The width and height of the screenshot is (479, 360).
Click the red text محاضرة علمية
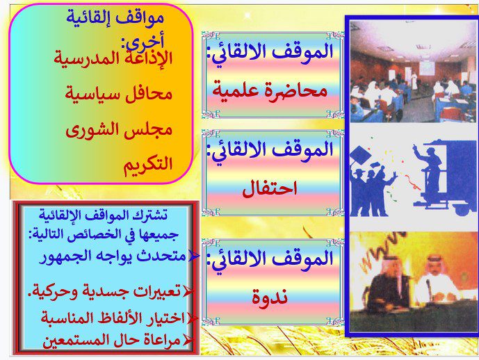(270, 90)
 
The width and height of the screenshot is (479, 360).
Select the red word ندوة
(270, 296)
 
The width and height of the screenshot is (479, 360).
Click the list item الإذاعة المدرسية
(113, 58)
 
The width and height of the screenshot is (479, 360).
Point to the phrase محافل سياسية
(118, 93)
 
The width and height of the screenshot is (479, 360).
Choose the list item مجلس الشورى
(119, 130)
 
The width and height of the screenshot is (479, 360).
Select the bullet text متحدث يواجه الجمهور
(113, 256)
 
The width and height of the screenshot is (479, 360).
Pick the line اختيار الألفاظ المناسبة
(113, 318)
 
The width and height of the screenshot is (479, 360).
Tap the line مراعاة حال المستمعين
(111, 340)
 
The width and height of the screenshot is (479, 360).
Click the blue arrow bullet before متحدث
(194, 256)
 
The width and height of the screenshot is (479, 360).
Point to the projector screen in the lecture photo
(426, 68)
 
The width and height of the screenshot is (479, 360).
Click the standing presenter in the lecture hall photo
(414, 80)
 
